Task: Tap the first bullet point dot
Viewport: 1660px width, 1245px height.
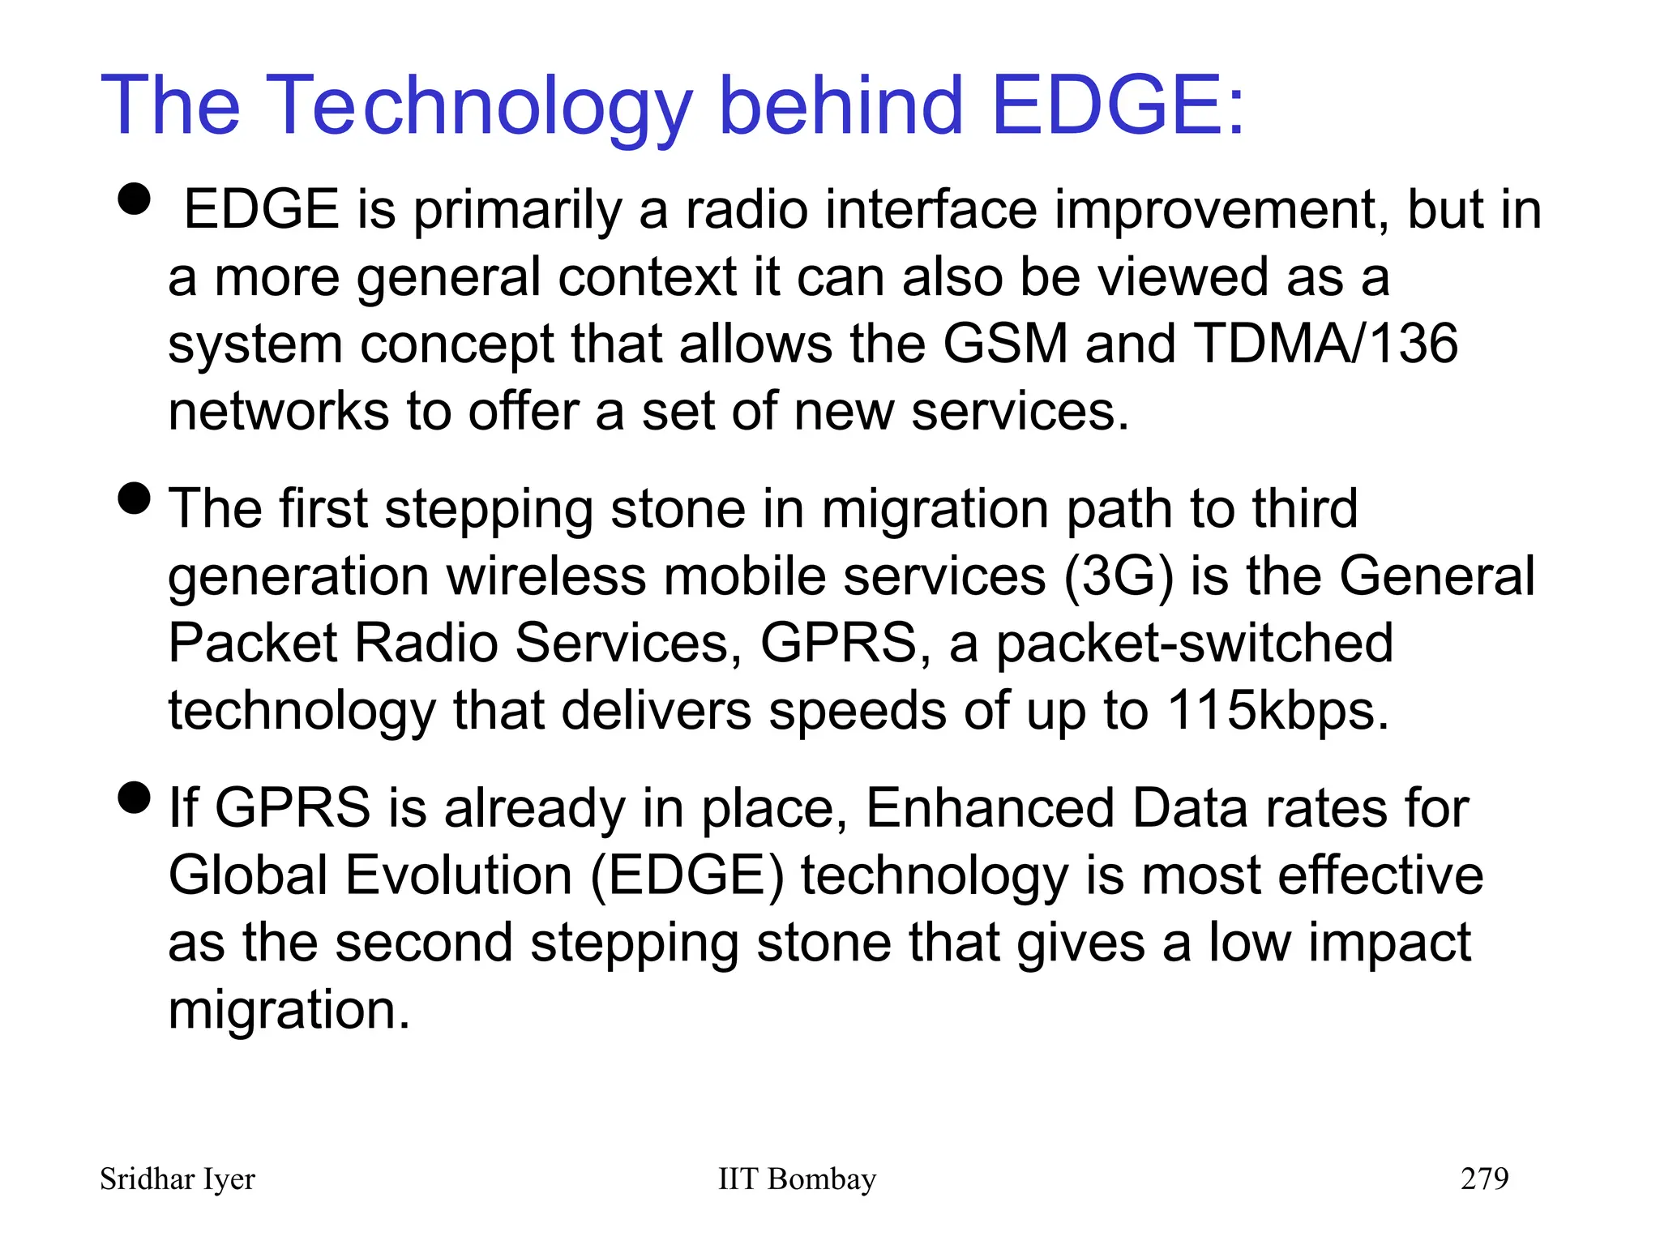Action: (135, 199)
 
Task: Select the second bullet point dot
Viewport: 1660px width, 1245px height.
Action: (135, 498)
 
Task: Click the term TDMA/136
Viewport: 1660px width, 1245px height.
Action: (1325, 344)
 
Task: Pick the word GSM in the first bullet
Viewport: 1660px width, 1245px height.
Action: (1004, 344)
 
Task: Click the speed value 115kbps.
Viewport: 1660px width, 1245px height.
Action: (1277, 711)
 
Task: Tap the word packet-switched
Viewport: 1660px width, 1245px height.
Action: (1194, 644)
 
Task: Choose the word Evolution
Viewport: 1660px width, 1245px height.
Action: (458, 876)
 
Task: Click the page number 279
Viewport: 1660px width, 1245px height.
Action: (1484, 1179)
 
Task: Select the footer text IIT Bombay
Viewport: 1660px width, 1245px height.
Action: (797, 1179)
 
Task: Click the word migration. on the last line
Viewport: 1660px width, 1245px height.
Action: (289, 1011)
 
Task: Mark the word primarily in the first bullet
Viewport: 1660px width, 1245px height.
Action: (517, 211)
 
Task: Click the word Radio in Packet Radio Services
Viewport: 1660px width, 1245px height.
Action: (426, 644)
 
